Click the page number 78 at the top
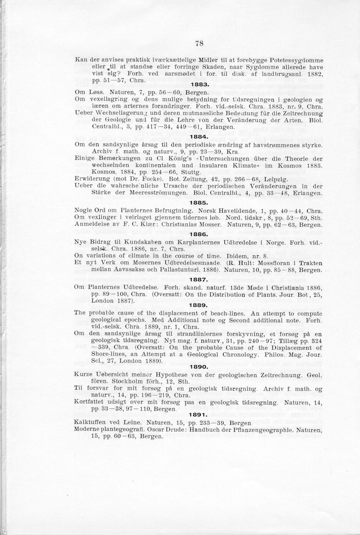(199, 43)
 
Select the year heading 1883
(200, 84)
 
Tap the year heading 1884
(199, 136)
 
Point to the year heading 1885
(199, 202)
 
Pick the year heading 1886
(199, 234)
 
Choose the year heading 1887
(199, 280)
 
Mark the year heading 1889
(199, 305)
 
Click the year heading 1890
(199, 367)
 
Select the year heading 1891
(199, 415)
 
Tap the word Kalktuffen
(91, 423)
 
